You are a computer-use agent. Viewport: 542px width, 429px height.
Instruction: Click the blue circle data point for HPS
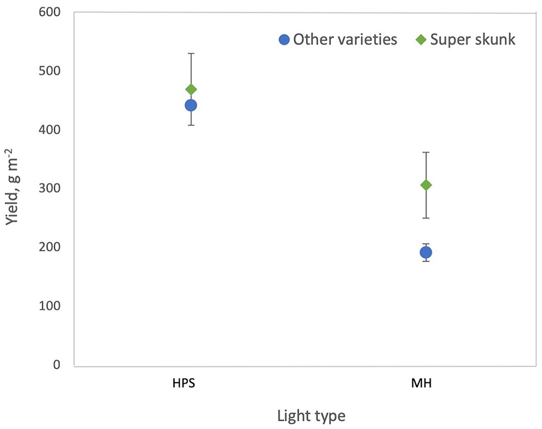(191, 105)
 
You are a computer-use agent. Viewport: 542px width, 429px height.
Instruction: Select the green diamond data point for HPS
(191, 89)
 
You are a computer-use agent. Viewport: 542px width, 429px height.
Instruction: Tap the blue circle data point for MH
(426, 252)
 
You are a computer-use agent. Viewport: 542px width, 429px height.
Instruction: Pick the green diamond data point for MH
(426, 185)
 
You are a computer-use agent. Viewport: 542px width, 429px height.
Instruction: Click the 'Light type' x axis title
(311, 415)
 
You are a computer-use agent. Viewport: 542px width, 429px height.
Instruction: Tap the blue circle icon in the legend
(284, 40)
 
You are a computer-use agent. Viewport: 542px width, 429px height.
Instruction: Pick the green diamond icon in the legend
(420, 40)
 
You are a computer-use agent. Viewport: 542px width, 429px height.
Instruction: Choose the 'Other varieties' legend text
(345, 40)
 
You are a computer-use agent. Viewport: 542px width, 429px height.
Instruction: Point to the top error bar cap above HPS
(191, 53)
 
